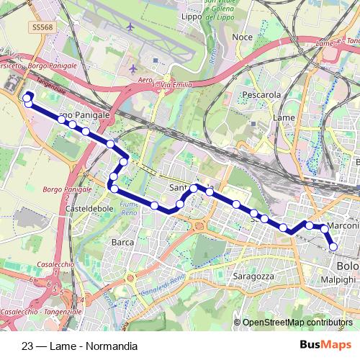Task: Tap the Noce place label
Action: [242, 37]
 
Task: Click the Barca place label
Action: [122, 243]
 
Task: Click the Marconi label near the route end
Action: [344, 228]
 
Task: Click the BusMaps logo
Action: [325, 346]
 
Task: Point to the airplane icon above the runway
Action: [130, 27]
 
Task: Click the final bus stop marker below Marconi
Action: [333, 248]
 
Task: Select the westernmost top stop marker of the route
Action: [27, 96]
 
